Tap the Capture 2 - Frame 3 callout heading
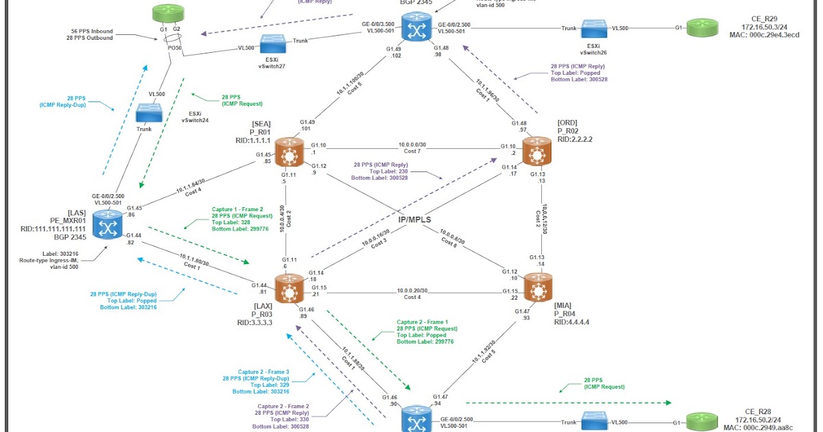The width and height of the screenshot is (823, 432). click(255, 371)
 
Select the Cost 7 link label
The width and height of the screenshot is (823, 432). click(411, 150)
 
